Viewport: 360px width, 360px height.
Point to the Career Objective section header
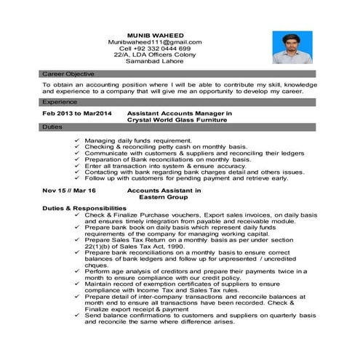click(x=66, y=75)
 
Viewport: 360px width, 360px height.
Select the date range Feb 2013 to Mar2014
click(x=77, y=114)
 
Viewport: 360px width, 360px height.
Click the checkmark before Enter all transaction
click(x=76, y=165)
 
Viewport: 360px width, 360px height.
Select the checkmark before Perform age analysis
click(x=76, y=272)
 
